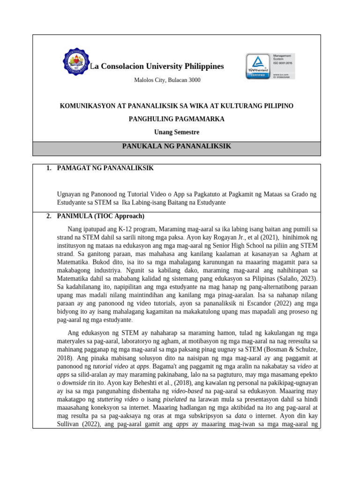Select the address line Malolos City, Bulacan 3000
[x=167, y=80]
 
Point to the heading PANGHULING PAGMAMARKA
[x=177, y=119]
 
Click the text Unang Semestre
[x=177, y=132]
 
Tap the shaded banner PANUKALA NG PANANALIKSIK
[x=177, y=146]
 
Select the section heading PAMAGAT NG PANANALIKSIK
[x=105, y=168]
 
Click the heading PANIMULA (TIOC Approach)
[x=100, y=216]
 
